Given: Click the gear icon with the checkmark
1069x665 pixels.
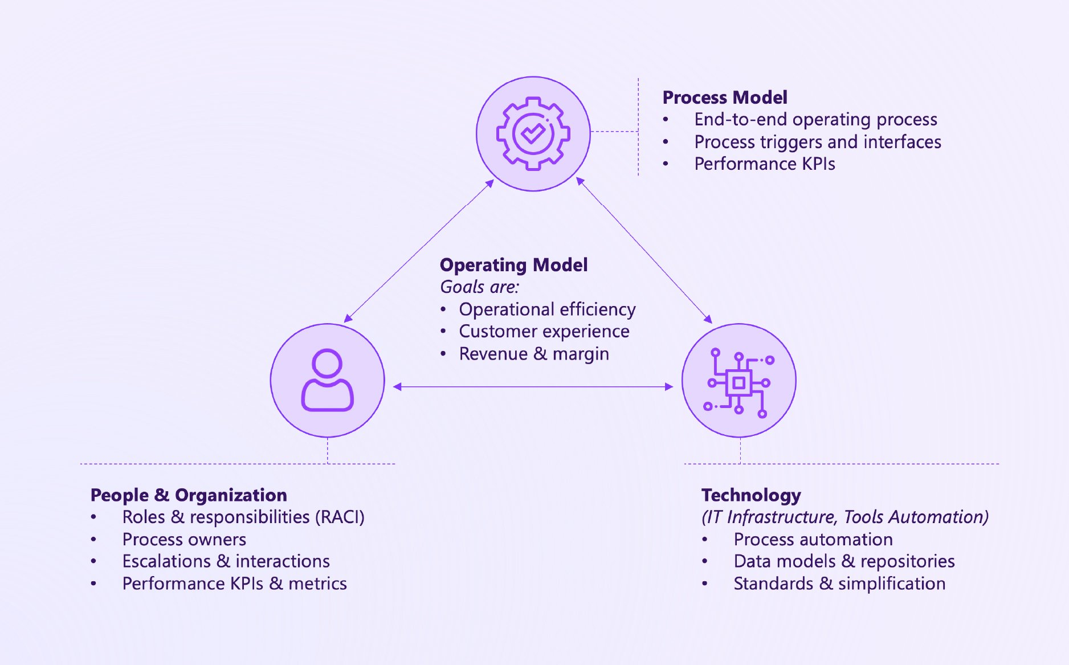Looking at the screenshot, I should click(533, 133).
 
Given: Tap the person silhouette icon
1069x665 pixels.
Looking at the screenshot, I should click(327, 380).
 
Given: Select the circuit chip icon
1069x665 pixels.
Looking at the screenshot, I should click(738, 382).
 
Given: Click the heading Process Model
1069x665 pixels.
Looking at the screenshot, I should click(724, 97).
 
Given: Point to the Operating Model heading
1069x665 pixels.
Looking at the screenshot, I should click(513, 265).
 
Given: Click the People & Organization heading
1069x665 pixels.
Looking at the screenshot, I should click(189, 495).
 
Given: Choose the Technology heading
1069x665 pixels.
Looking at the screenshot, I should click(750, 495).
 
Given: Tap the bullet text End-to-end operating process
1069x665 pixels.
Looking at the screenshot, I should click(815, 120).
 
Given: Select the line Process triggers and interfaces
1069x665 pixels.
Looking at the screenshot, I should click(817, 142).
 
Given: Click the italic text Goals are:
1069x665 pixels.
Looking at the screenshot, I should click(479, 287).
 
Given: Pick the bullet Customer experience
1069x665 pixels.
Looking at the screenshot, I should click(544, 332).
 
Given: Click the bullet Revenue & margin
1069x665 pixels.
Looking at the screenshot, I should click(533, 354).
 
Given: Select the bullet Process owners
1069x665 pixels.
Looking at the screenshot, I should click(184, 539).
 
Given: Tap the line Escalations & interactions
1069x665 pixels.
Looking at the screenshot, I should click(226, 561).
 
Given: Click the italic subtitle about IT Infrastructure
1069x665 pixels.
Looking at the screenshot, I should click(844, 517).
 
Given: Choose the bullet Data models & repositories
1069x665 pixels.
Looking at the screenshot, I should click(843, 561).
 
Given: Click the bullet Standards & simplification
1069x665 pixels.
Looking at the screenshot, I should click(839, 584).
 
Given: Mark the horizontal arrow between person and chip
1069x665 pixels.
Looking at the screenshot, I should click(533, 387).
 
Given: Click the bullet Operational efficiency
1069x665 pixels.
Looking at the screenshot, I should click(546, 309).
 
